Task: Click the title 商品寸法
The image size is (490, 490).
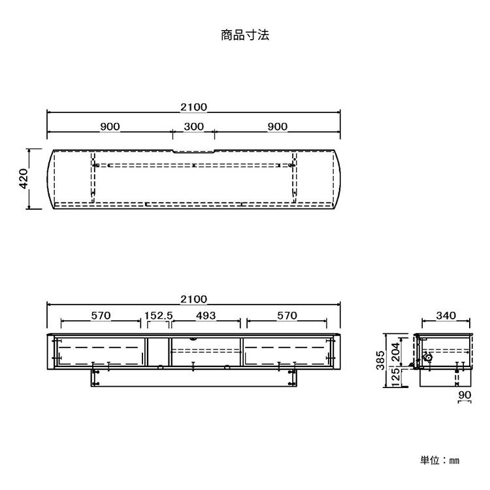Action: (x=245, y=35)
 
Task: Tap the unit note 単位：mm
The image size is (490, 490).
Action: (x=440, y=460)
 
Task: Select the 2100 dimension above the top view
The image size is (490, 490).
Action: (x=193, y=107)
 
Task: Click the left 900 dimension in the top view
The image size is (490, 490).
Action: (x=110, y=127)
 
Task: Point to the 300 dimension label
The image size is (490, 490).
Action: (x=193, y=127)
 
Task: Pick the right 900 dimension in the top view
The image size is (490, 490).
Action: (x=278, y=127)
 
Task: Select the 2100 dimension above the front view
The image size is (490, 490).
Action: (x=193, y=299)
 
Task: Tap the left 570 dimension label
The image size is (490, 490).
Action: (x=101, y=316)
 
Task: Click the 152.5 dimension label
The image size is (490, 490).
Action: (x=158, y=316)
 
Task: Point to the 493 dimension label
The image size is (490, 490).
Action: (x=206, y=316)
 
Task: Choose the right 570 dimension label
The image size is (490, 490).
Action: (x=286, y=316)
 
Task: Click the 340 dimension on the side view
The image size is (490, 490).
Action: (x=445, y=316)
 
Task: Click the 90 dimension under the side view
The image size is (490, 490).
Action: (x=465, y=395)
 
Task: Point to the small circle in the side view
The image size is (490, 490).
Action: (x=427, y=357)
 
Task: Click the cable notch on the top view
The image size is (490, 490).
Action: (x=193, y=152)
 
